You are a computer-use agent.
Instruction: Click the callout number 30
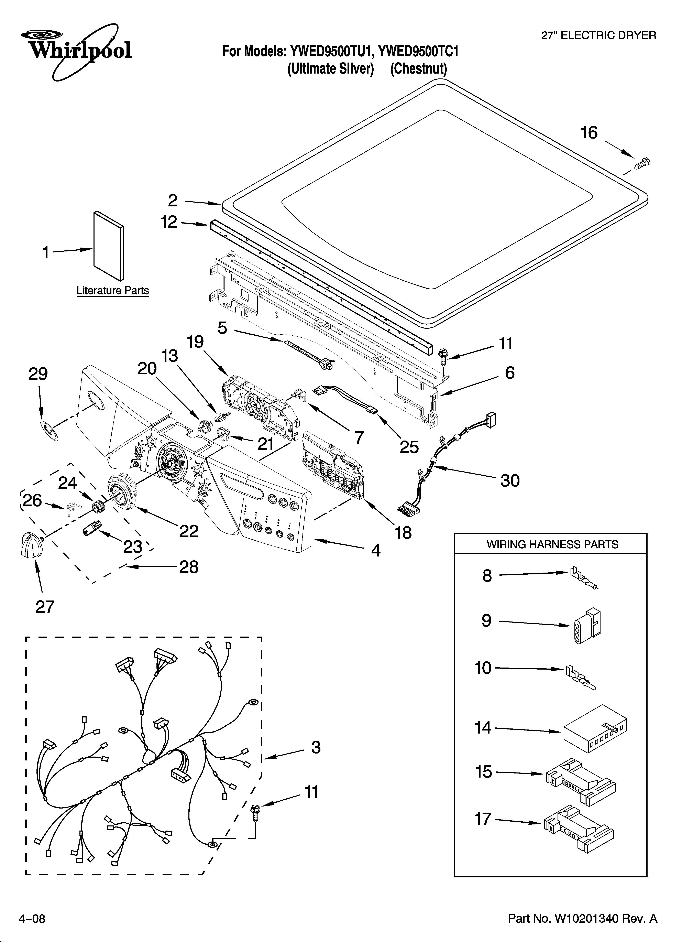[x=510, y=480]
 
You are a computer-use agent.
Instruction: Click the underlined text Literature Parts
[x=113, y=291]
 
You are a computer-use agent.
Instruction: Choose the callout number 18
[x=403, y=532]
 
